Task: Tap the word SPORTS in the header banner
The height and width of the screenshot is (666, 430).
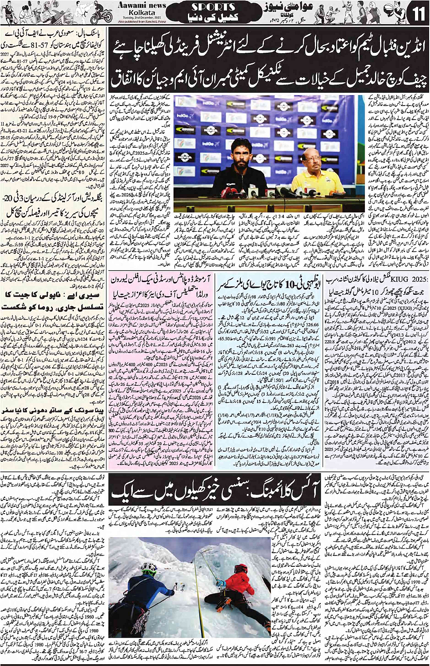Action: tap(213, 7)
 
